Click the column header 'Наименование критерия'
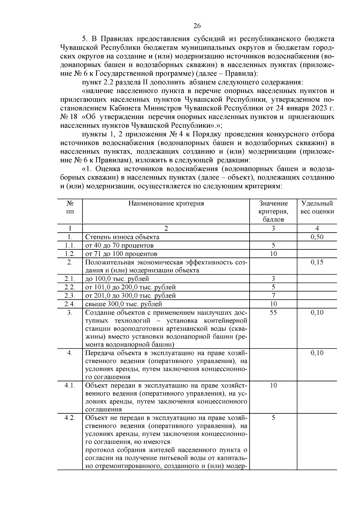pos(166,204)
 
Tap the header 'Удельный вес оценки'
pos(317,207)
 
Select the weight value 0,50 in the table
pos(317,237)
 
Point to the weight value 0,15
pos(317,262)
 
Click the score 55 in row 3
pos(273,313)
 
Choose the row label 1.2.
pos(70,254)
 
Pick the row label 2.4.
pos(70,304)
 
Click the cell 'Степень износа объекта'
pos(122,237)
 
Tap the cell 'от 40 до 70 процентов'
pos(119,246)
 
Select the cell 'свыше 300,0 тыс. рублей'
pos(124,304)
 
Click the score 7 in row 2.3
pos(273,296)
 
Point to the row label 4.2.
pos(70,418)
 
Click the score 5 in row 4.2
pos(273,418)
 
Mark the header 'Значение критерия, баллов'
pos(273,211)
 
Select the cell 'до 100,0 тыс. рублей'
pos(117,279)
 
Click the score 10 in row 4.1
pos(273,385)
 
